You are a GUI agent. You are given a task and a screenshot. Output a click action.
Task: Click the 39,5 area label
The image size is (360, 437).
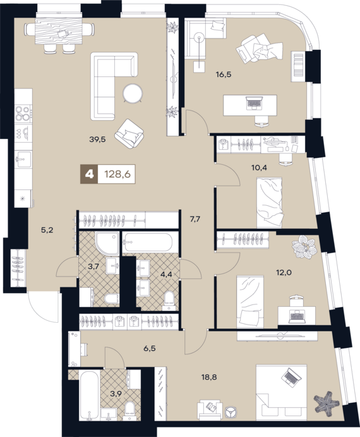[x=97, y=140]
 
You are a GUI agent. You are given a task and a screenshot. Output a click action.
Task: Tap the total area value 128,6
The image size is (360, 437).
[x=117, y=174]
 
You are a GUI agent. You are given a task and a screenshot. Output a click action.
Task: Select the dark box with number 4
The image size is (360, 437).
[x=89, y=174]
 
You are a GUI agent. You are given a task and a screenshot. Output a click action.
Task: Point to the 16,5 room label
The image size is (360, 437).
[x=224, y=75]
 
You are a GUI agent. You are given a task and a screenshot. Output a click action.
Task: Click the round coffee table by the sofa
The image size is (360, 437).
[x=133, y=93]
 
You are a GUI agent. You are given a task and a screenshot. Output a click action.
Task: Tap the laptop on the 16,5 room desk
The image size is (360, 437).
[x=253, y=103]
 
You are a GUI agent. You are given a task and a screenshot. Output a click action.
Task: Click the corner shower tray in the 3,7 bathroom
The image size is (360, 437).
[x=107, y=244]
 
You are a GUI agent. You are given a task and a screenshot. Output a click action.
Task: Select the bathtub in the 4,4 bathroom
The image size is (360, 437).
[x=149, y=242]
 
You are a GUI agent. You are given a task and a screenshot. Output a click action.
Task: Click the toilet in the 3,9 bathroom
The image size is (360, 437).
[x=129, y=410]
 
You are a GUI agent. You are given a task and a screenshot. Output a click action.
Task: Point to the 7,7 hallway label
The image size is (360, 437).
[x=195, y=219]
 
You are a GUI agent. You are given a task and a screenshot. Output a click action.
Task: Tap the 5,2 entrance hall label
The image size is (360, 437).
[x=47, y=230]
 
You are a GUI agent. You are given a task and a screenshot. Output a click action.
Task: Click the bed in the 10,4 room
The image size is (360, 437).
[x=270, y=203]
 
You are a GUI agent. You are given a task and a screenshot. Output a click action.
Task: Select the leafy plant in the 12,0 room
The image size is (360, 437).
[x=304, y=247]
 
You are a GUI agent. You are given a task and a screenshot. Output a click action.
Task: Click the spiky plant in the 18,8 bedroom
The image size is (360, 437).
[x=327, y=402]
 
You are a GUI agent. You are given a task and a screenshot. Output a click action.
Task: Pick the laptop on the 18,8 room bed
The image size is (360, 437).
[x=291, y=377]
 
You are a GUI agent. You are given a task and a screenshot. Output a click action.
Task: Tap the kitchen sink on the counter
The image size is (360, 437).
[x=23, y=159]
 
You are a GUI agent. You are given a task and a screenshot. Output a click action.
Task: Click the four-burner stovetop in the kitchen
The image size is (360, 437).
[x=23, y=113]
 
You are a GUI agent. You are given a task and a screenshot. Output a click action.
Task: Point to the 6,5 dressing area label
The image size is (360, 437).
[x=149, y=349]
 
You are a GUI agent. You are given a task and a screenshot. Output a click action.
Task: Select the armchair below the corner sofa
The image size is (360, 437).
[x=129, y=134]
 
